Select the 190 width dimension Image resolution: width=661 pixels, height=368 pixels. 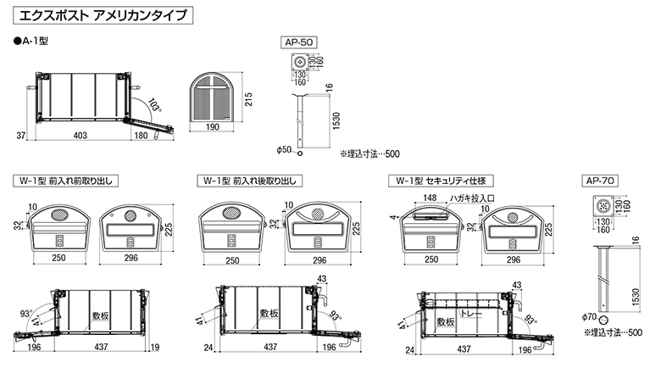pos(213,127)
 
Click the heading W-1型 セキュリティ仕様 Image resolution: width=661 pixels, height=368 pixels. pos(442,181)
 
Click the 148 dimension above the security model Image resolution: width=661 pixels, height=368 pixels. pos(430,198)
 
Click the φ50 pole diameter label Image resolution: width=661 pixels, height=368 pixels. pos(284,150)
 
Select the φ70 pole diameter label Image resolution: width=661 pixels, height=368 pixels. pos(591,319)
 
